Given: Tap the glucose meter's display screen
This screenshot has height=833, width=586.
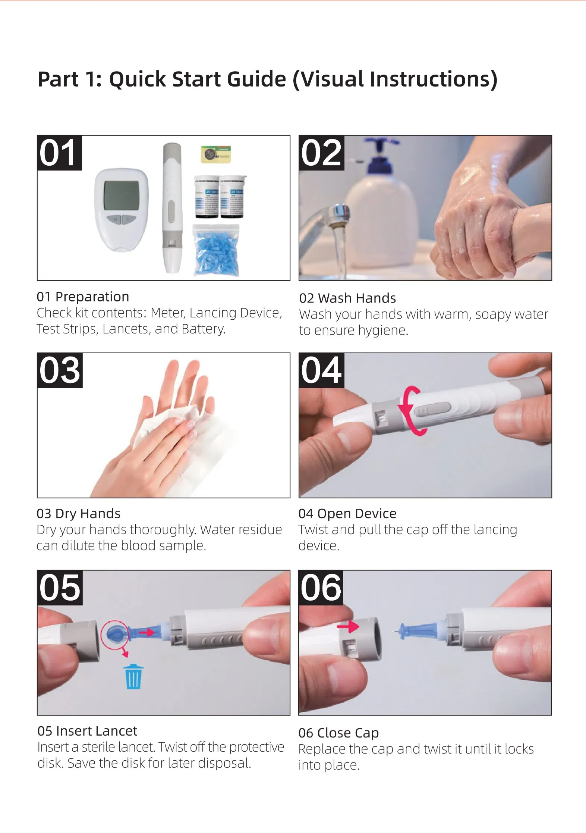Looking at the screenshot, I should click(x=121, y=195).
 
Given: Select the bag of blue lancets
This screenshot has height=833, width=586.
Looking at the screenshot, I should click(x=216, y=250).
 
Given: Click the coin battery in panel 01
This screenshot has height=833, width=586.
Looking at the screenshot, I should click(x=215, y=154).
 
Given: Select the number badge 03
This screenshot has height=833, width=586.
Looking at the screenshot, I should click(x=60, y=370).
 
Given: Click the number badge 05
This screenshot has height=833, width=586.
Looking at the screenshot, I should click(x=60, y=588).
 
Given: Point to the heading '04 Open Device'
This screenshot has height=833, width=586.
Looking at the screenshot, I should click(x=347, y=514).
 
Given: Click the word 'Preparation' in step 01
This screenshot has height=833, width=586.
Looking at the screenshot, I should click(x=92, y=297).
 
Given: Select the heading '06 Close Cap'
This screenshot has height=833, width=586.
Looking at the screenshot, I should click(x=338, y=733).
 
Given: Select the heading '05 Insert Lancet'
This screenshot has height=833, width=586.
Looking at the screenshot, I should click(x=87, y=731).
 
